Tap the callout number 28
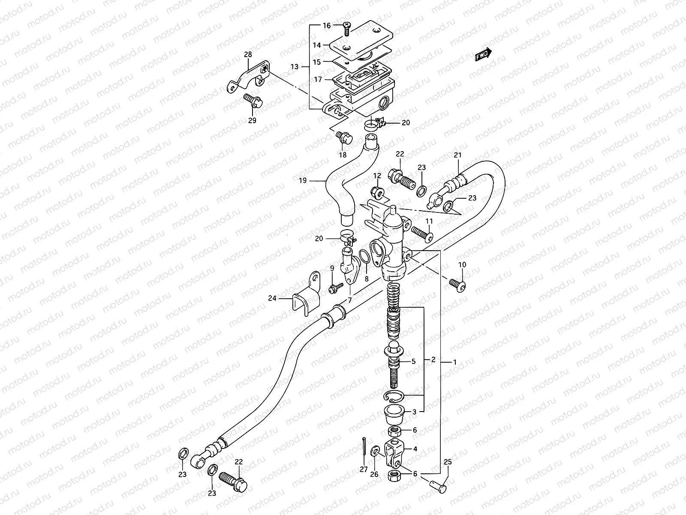(248, 55)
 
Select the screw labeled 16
(346, 29)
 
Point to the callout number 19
(303, 181)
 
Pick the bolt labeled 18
(344, 138)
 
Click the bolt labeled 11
(422, 233)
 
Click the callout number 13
(294, 67)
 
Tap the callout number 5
(414, 362)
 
